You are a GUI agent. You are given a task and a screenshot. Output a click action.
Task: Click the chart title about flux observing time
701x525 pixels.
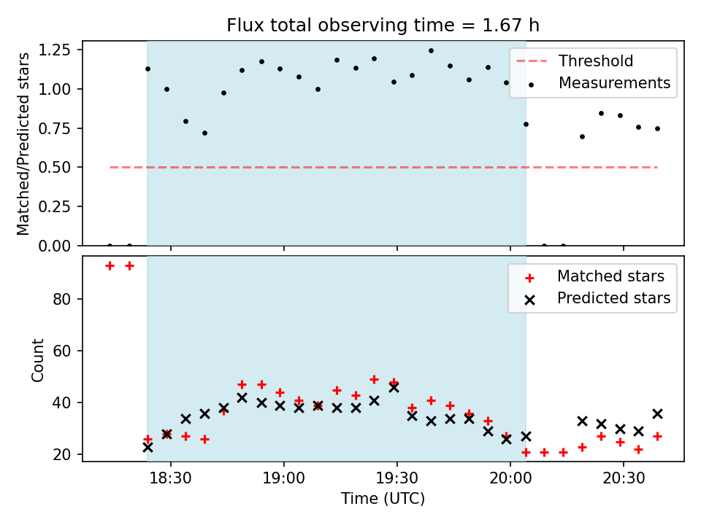click(383, 26)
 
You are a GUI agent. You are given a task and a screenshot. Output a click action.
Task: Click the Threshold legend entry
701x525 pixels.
click(596, 61)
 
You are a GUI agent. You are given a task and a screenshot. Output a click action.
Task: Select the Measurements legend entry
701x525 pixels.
click(614, 83)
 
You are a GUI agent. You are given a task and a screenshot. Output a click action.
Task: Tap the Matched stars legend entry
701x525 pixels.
click(610, 276)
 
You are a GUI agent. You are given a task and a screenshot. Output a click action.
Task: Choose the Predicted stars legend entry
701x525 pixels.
click(613, 298)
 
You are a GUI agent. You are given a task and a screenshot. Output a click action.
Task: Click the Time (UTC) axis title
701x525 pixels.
click(383, 499)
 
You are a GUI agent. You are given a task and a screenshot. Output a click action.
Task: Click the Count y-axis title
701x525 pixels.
click(37, 359)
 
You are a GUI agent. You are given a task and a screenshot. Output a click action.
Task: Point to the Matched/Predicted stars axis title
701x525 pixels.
click(24, 144)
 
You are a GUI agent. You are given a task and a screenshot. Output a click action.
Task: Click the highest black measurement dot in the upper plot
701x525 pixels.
click(431, 51)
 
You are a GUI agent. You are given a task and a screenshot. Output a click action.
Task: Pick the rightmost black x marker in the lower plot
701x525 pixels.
click(657, 413)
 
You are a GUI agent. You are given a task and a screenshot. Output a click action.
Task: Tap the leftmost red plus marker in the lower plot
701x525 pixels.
click(110, 265)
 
